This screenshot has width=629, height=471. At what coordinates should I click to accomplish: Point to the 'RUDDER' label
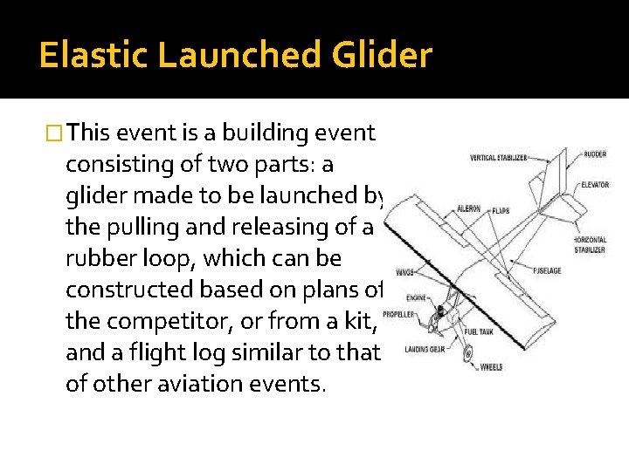pyautogui.click(x=595, y=154)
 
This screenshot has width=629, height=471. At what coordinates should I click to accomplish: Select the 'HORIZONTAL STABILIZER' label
pyautogui.click(x=591, y=244)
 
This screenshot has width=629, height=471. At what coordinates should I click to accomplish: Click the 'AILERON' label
pyautogui.click(x=468, y=209)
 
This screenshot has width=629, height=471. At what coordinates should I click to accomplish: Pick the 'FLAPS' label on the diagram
pyautogui.click(x=501, y=210)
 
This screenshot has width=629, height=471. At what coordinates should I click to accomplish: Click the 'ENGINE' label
pyautogui.click(x=417, y=297)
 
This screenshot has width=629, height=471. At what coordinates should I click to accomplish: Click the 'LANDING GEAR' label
pyautogui.click(x=425, y=350)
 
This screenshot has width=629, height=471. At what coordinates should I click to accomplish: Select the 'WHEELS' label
pyautogui.click(x=491, y=367)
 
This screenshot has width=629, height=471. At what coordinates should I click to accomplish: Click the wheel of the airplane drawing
pyautogui.click(x=468, y=355)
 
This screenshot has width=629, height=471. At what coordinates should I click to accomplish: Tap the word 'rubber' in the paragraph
pyautogui.click(x=100, y=259)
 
